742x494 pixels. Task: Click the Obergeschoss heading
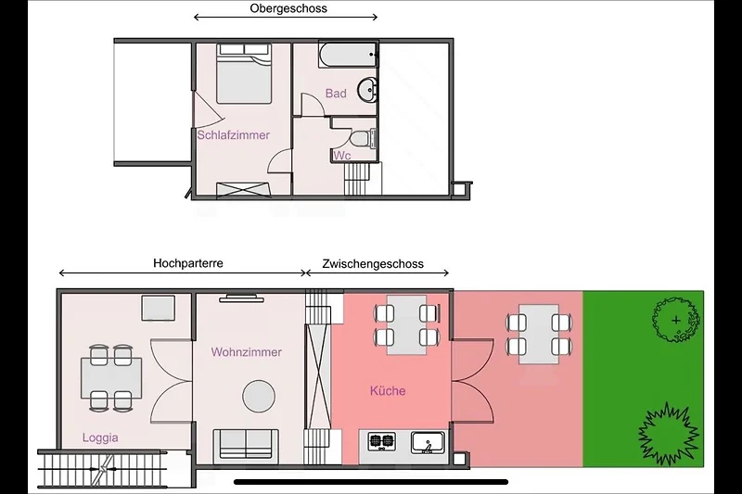coord(288,8)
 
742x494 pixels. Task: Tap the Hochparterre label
coord(188,263)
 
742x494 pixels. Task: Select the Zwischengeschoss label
coord(373,264)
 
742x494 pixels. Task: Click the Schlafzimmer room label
coord(234,135)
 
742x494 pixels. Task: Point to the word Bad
coord(336,94)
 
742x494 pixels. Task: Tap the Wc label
coord(341,156)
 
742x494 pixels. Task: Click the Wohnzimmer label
coord(247,352)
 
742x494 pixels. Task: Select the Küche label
coord(388,390)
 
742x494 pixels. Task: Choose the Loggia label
coord(100,437)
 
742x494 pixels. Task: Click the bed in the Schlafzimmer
coord(244,73)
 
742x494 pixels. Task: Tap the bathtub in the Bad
coord(349,55)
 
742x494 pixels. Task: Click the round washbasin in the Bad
coord(367,89)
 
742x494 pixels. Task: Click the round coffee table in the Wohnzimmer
coord(259,396)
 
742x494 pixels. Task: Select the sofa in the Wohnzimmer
coord(246,445)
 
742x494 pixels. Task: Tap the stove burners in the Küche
coord(382,441)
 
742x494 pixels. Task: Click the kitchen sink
coord(428,442)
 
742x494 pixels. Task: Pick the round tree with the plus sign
coord(676,321)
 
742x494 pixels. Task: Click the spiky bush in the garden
coord(668,431)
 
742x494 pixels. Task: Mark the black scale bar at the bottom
coord(371,482)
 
